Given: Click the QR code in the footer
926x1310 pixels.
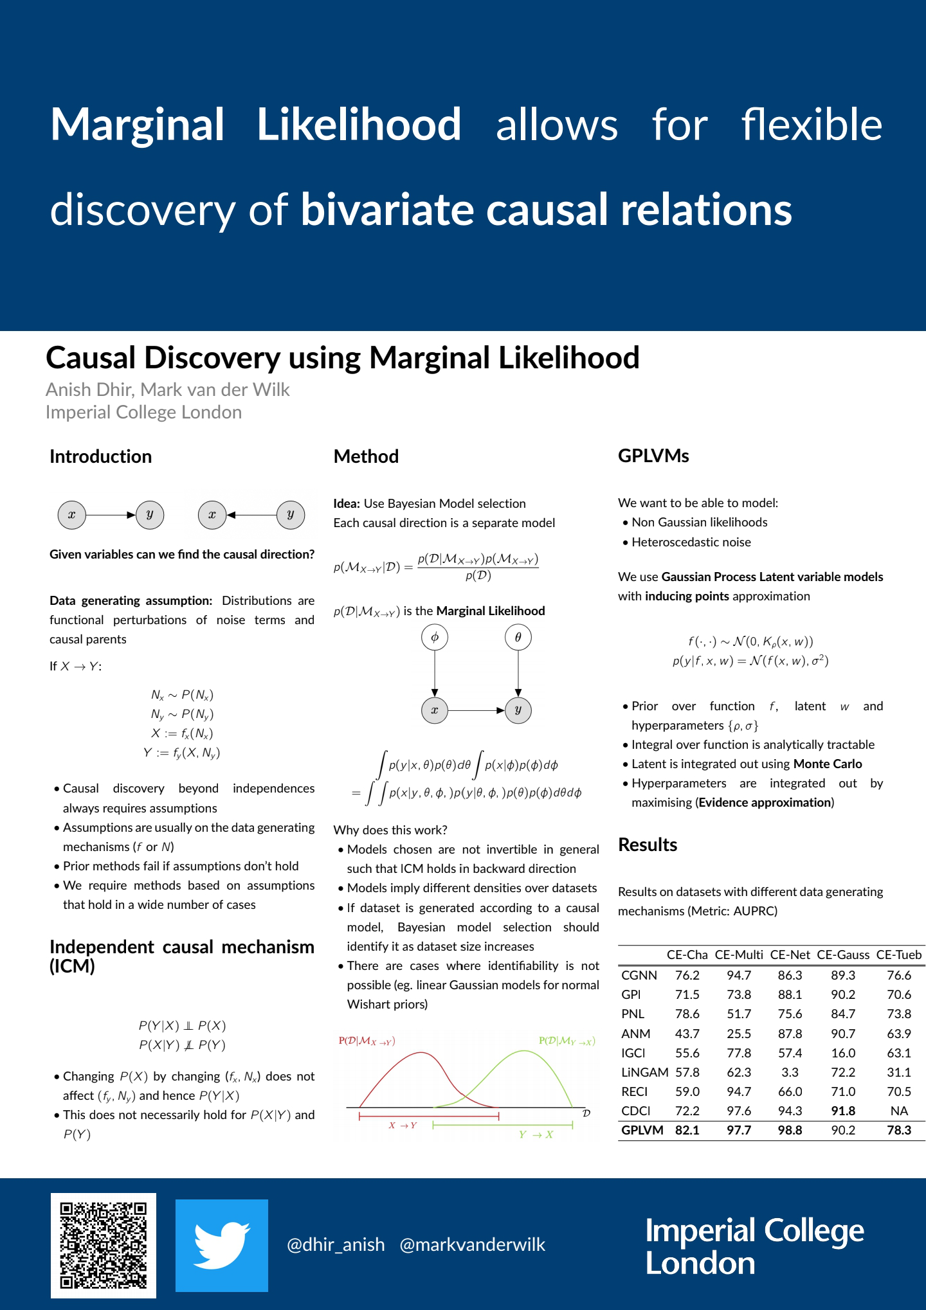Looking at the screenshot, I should (104, 1245).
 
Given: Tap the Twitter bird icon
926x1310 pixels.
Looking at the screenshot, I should (222, 1245).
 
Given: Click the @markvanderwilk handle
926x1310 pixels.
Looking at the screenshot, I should (472, 1245).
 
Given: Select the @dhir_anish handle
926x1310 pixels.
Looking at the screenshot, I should (336, 1245).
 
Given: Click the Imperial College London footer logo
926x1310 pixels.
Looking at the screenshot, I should (754, 1246).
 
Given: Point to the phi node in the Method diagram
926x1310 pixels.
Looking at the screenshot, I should (435, 638).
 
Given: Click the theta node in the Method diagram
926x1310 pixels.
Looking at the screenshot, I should (518, 638).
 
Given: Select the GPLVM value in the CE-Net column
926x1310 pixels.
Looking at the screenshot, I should (790, 1130).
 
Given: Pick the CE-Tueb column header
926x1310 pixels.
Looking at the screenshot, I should (898, 955).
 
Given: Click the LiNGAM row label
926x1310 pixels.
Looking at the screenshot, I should (644, 1072).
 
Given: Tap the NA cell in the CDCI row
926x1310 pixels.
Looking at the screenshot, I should (898, 1111).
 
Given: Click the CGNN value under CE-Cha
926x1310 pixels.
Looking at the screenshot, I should (687, 975).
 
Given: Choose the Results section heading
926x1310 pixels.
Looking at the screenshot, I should (648, 845).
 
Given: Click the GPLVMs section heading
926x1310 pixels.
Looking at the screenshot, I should (653, 456).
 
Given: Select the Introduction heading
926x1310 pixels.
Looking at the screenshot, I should (101, 456).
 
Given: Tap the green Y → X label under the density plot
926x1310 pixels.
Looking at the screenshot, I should (536, 1135).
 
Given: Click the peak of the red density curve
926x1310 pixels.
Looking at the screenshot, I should (421, 1052).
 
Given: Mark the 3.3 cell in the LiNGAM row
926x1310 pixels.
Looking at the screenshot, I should (790, 1072).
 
